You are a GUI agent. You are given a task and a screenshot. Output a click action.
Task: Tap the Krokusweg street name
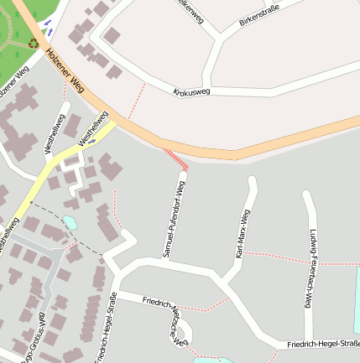(191, 91)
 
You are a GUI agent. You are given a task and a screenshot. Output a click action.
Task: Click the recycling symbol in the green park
(33, 42)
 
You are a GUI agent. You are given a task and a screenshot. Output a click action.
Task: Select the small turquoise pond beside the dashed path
(70, 222)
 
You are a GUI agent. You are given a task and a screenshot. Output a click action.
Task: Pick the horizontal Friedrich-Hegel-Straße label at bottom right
(323, 344)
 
